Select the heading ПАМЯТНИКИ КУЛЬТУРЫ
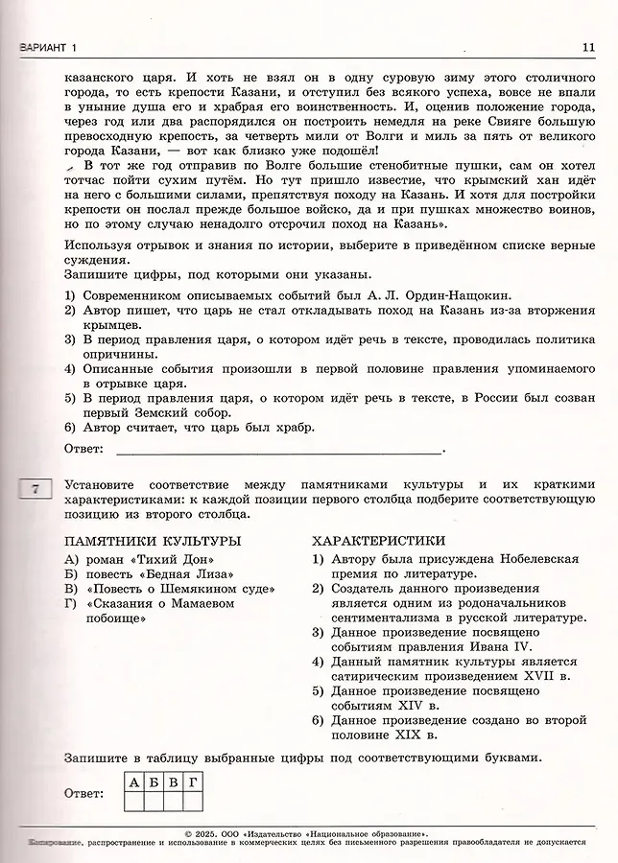pos(153,540)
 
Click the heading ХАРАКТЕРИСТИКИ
pos(379,540)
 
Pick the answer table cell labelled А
pos(134,782)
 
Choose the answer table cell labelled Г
pos(194,782)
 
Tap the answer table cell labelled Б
pos(154,782)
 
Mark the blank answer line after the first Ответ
pos(278,448)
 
